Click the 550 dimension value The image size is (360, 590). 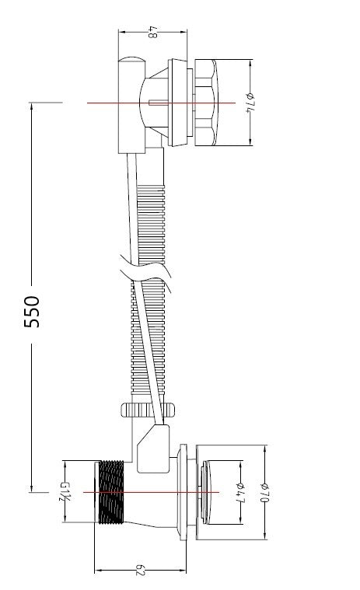[32, 312]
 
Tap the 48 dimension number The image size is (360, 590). [152, 32]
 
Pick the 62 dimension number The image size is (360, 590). [140, 571]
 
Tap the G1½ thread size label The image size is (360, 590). [64, 491]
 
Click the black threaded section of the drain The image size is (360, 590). [111, 492]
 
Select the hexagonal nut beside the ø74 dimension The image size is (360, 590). [205, 103]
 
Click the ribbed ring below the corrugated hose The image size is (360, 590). [148, 410]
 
